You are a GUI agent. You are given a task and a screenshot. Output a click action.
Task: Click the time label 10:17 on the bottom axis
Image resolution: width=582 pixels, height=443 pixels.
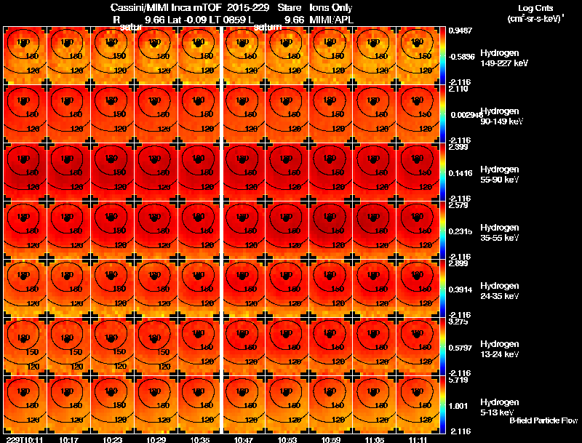[69, 439]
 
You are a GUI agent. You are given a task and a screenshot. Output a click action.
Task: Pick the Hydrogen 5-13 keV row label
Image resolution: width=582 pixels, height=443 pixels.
[499, 407]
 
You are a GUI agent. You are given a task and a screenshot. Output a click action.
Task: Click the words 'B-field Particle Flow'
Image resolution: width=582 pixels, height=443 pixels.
[543, 420]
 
